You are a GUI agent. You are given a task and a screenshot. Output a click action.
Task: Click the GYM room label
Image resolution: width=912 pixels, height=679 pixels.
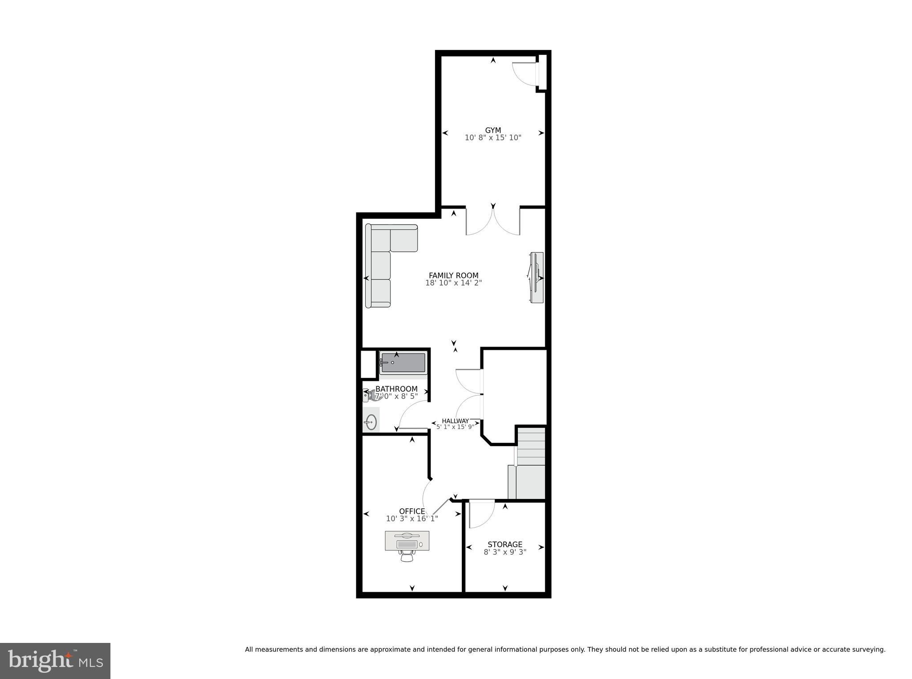pyautogui.click(x=493, y=130)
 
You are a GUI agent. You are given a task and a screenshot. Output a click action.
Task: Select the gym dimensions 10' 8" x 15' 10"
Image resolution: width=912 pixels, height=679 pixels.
pyautogui.click(x=493, y=138)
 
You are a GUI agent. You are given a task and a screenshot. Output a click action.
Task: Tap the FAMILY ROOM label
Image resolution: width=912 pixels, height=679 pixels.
pyautogui.click(x=453, y=275)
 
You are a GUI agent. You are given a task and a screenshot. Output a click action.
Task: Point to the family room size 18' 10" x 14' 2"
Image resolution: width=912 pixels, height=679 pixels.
pyautogui.click(x=453, y=283)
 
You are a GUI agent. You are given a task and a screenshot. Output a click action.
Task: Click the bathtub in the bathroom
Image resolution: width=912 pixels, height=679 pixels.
pyautogui.click(x=403, y=363)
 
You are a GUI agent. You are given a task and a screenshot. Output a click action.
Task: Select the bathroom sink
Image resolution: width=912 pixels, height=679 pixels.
pyautogui.click(x=371, y=421)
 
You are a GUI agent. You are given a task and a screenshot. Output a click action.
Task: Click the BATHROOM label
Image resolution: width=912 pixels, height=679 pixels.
pyautogui.click(x=396, y=389)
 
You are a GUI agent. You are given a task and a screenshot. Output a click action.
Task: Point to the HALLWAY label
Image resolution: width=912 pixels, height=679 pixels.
pyautogui.click(x=455, y=421)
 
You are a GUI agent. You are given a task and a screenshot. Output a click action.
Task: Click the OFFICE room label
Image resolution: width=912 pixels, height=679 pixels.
pyautogui.click(x=412, y=511)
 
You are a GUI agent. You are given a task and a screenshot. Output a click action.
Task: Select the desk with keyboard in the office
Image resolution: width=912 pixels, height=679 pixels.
pyautogui.click(x=407, y=541)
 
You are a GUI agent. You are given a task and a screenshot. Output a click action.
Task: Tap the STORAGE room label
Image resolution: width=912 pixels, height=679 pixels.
pyautogui.click(x=505, y=544)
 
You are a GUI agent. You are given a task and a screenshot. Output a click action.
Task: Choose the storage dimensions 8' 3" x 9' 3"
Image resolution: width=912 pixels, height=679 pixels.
pyautogui.click(x=505, y=552)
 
